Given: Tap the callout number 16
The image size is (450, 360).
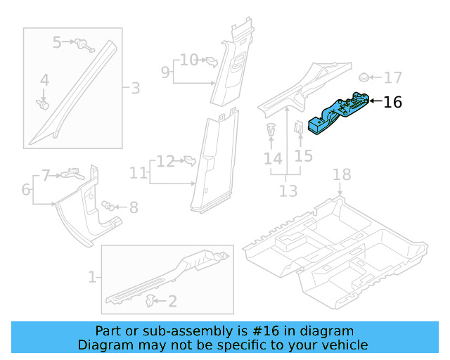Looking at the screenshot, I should pos(392,102).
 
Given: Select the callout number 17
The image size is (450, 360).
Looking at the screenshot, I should pos(392,77).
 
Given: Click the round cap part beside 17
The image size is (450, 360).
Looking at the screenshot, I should pos(364,77).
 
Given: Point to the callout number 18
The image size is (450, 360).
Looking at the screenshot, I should pos(341,174).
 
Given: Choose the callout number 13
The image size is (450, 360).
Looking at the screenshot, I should pos(288,191).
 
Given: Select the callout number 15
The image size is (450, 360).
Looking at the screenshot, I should pos(303,155).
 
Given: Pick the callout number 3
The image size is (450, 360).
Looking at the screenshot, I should pos(135,89).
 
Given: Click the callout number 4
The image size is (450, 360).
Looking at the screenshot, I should pos(44,81).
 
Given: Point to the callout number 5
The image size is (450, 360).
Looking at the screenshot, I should pos(57,43).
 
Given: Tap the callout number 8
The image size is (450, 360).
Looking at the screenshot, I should pos(133,207).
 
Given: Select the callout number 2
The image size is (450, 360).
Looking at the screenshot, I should pos(172,302).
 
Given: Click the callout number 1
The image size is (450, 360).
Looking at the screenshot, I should pos(91,277).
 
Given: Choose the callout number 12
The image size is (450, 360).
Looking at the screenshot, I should pos(165,162).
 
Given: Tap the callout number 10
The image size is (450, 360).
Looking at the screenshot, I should pos(189,60).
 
